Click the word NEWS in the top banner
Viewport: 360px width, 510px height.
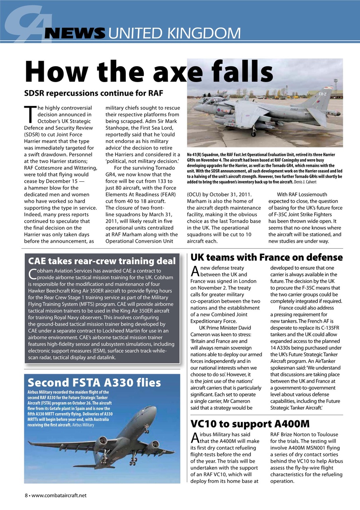74,33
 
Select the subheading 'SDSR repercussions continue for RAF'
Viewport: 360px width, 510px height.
94,94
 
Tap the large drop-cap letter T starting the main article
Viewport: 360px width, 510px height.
29,115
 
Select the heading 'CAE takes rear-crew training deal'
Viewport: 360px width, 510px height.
102,261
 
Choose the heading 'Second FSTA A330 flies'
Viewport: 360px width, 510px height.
94,383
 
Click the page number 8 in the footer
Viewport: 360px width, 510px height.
26,496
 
